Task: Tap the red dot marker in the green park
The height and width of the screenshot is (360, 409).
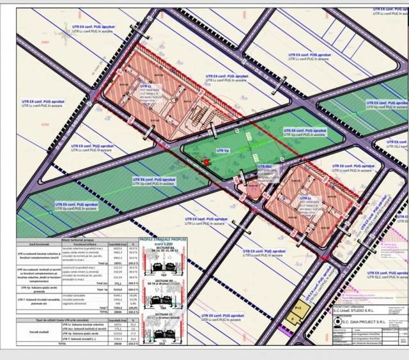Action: tap(206, 162)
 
